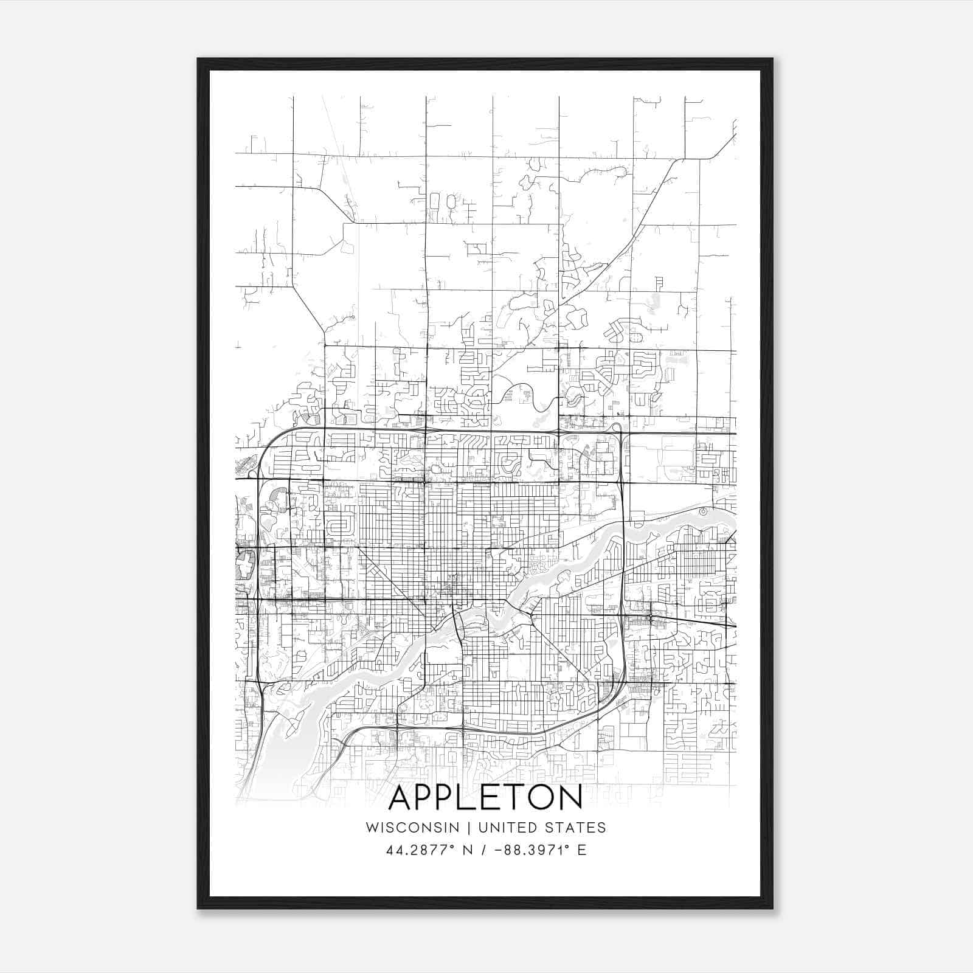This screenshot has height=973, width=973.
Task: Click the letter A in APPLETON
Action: (x=402, y=798)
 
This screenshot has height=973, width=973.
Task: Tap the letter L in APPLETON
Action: (x=474, y=798)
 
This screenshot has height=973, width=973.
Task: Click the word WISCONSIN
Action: (x=412, y=828)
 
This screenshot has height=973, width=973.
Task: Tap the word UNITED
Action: (x=503, y=828)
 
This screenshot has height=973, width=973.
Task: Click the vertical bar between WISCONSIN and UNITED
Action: (x=469, y=828)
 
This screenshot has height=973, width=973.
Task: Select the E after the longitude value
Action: (x=582, y=850)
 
